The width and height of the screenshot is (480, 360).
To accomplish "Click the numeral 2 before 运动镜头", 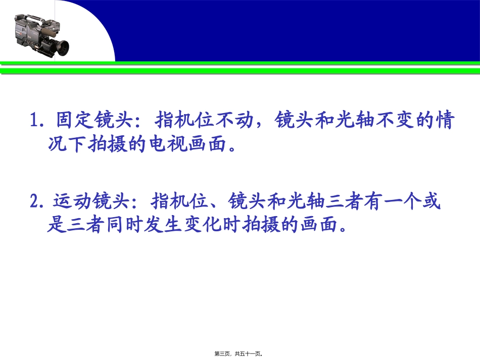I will [35, 202].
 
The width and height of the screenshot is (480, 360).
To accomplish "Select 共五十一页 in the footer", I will [249, 354].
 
